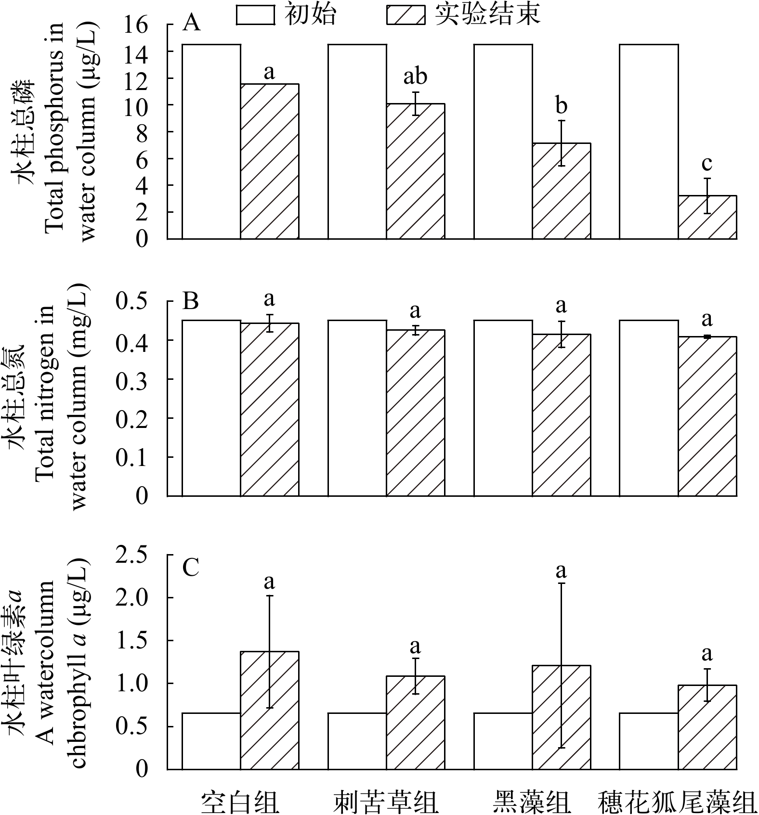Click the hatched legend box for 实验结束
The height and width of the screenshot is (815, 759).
point(406,14)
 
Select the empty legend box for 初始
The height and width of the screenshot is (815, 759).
point(255,14)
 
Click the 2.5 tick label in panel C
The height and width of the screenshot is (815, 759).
point(131,555)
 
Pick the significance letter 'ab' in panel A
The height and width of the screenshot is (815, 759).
point(415,76)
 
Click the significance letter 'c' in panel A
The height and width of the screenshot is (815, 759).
point(707,163)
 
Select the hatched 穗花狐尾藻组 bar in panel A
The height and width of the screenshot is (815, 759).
point(707,217)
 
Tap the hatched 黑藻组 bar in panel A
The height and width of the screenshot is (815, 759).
point(561,191)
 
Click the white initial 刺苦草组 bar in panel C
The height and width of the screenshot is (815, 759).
point(357,741)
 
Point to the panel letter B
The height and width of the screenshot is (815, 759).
point(191,302)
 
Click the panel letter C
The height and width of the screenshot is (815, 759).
point(191,568)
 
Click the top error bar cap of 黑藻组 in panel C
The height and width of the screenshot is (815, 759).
point(561,583)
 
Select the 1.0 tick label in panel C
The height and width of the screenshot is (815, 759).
point(131,684)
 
